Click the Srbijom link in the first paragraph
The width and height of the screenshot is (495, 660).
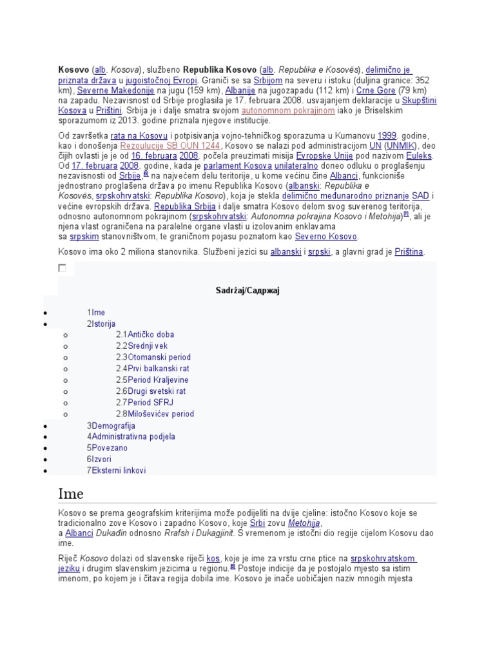coord(268,81)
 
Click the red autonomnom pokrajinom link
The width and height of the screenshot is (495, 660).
coord(287,111)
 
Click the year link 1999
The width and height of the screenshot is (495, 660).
coord(387,136)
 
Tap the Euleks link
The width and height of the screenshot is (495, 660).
coord(419,156)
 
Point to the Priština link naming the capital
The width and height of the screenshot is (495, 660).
coord(409,252)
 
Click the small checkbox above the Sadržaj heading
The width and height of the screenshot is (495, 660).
coord(62,267)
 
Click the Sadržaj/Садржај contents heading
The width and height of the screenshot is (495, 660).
coord(247,291)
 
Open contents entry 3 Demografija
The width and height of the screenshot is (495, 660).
coord(111,425)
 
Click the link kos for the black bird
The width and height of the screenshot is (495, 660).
coord(213,558)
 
